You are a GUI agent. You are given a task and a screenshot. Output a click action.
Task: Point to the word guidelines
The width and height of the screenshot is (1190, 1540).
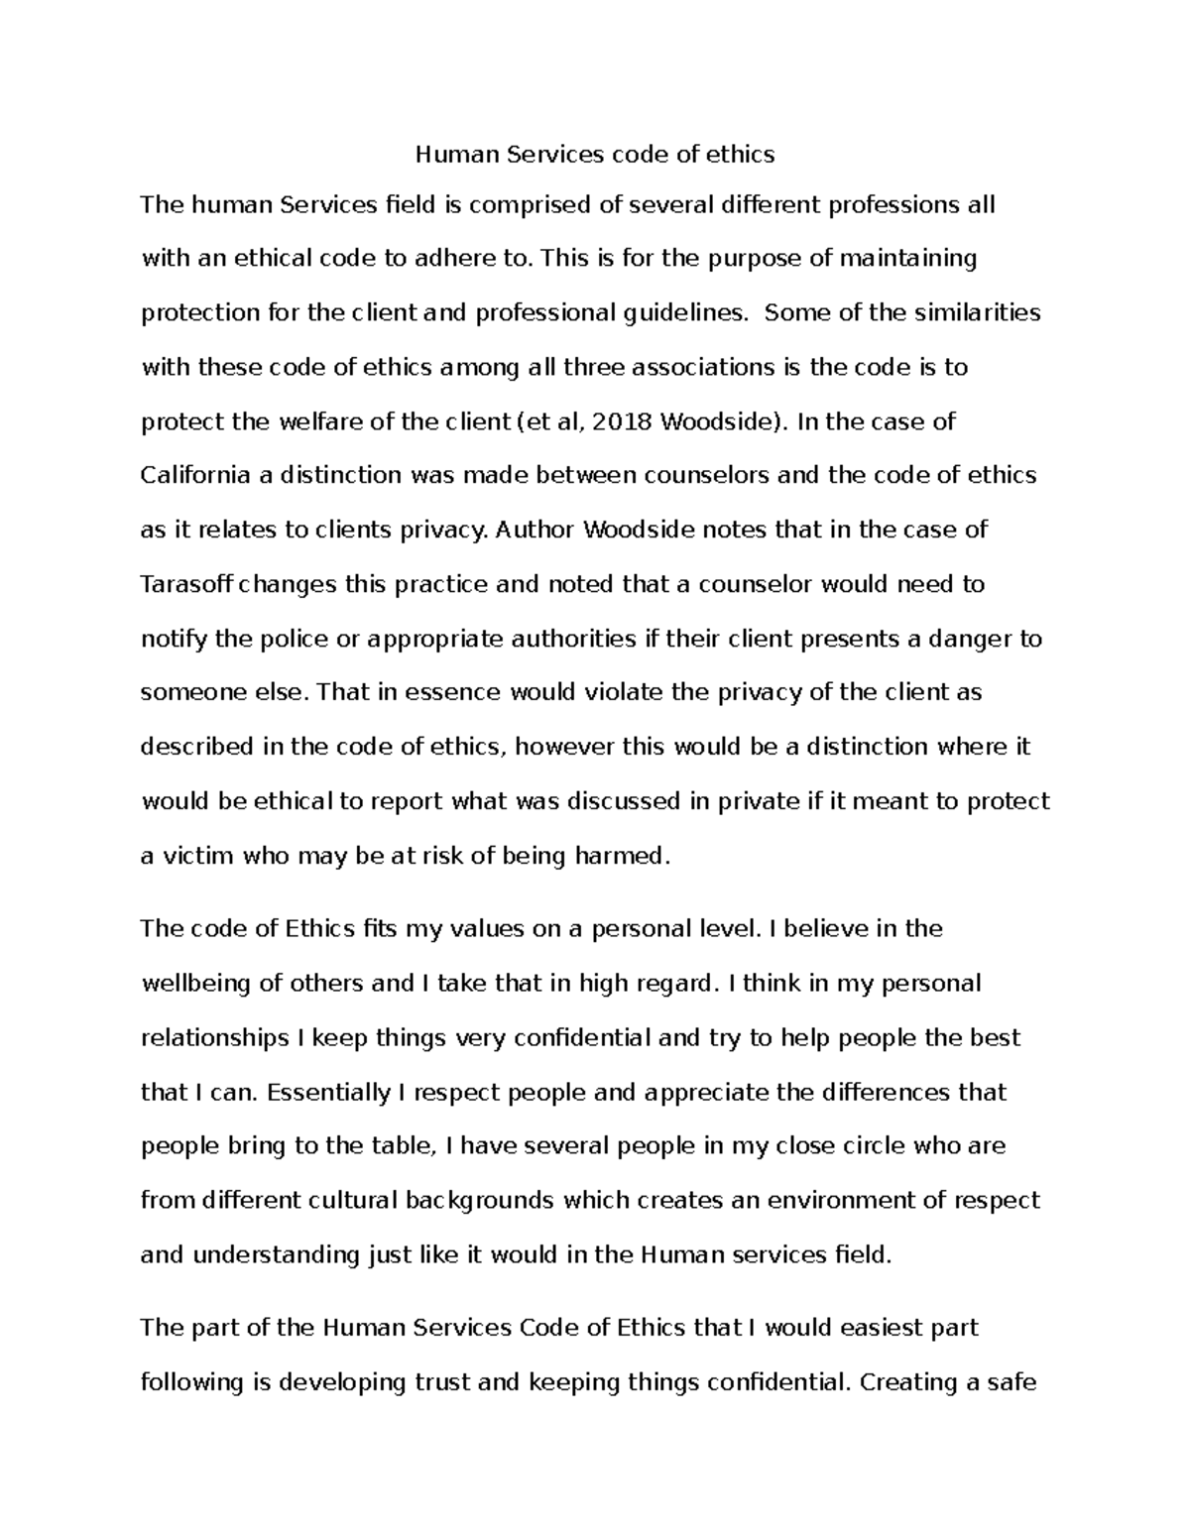685,313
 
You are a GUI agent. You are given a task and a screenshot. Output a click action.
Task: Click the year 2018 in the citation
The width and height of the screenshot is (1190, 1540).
625,422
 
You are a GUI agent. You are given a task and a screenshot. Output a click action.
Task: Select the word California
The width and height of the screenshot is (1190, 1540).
195,476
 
